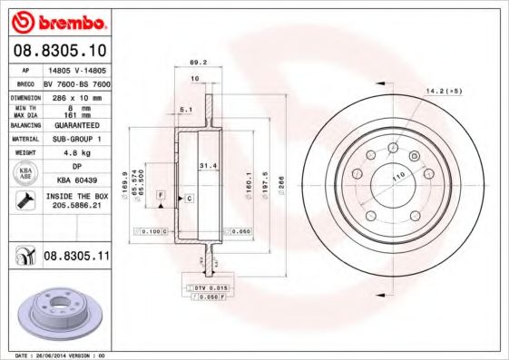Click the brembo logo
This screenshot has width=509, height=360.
pos(57,21)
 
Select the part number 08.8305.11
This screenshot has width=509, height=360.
pos(77,257)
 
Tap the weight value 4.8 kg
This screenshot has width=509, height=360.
pos(76,154)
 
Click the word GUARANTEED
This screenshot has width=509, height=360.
pos(76,124)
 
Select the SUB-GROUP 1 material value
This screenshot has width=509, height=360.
pos(76,139)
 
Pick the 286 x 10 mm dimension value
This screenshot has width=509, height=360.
pos(76,95)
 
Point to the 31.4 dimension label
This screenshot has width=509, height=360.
pos(206,166)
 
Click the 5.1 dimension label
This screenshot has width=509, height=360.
pos(185,111)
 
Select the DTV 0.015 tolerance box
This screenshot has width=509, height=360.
pos(212,287)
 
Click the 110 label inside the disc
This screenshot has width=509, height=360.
pos(397,178)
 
